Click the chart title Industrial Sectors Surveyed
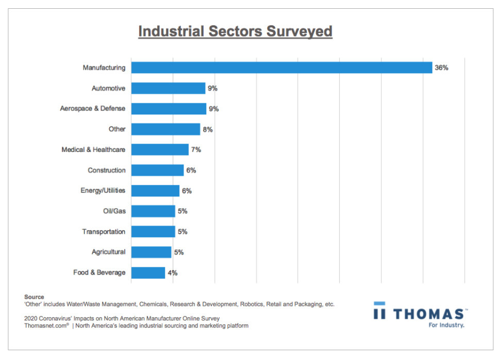point(235,32)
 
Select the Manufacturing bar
point(281,67)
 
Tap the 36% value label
point(441,67)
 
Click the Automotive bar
point(168,88)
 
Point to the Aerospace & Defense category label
point(92,109)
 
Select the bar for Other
point(165,129)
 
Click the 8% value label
point(208,129)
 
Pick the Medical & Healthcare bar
point(160,149)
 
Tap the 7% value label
point(196,149)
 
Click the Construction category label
point(106,170)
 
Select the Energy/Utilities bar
point(155,191)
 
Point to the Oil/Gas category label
point(114,211)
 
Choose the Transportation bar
point(153,232)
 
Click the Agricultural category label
point(108,252)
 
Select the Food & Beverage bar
point(148,272)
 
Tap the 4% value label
point(173,272)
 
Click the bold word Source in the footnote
point(34,297)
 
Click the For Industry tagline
point(446,325)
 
